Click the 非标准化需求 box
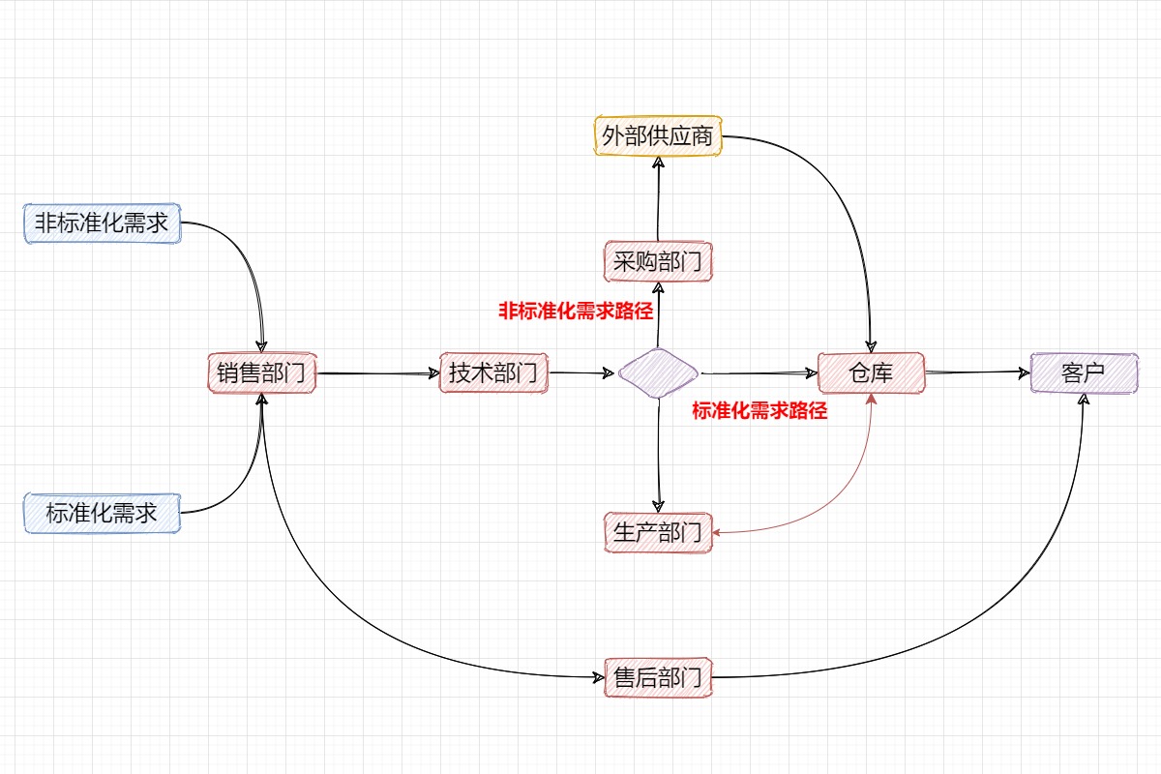point(102,223)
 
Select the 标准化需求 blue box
point(102,512)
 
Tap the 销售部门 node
point(262,373)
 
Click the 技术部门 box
point(493,372)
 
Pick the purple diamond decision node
point(658,372)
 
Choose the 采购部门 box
point(658,261)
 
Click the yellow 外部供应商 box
point(658,136)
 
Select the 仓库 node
point(872,372)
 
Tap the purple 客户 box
point(1084,372)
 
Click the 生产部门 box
point(658,531)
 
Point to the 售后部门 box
point(658,677)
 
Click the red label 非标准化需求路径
point(576,312)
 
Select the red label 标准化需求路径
point(759,410)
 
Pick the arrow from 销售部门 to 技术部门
point(377,373)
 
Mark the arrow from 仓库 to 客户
point(977,372)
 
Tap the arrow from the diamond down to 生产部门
point(659,455)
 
